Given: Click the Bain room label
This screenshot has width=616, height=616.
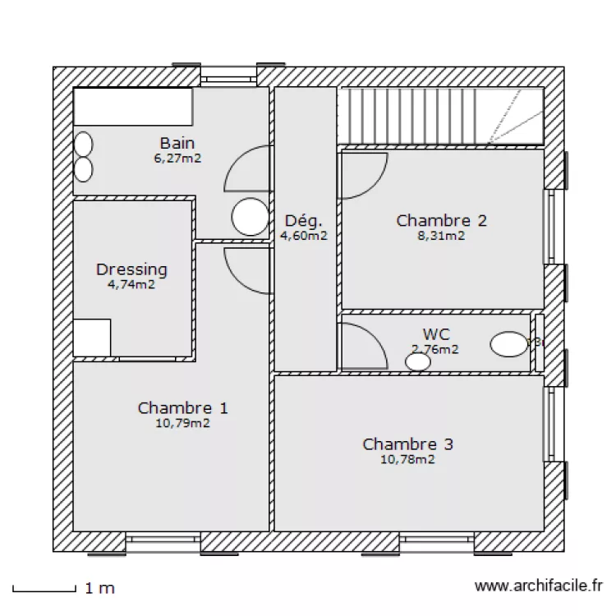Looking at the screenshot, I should click(177, 144).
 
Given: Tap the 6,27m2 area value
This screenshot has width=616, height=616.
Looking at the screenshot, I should click(177, 159).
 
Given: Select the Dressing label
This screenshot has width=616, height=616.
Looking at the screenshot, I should click(131, 269).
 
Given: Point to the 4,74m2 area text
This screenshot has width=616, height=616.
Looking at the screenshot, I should click(131, 285).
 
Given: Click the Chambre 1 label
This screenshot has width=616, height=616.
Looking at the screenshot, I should click(183, 408).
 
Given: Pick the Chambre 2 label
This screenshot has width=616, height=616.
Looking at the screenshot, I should click(442, 220).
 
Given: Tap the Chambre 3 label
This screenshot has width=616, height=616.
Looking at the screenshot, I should click(407, 444).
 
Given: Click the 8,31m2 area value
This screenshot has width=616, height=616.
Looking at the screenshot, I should click(442, 236).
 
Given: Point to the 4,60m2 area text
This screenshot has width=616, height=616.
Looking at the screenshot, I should click(304, 236).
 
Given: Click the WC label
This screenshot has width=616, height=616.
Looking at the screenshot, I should click(435, 334).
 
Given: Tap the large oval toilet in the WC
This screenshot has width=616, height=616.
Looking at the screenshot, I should click(509, 344).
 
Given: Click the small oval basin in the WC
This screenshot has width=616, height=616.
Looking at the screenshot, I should click(418, 361).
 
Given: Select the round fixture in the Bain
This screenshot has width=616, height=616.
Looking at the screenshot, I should click(250, 217).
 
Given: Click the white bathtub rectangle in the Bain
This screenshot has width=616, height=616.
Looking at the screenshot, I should click(133, 107).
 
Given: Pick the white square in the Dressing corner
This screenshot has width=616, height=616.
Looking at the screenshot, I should click(92, 338).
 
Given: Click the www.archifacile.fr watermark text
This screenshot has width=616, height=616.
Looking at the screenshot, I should click(539, 586).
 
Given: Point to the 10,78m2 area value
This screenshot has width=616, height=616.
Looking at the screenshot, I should click(407, 460).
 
